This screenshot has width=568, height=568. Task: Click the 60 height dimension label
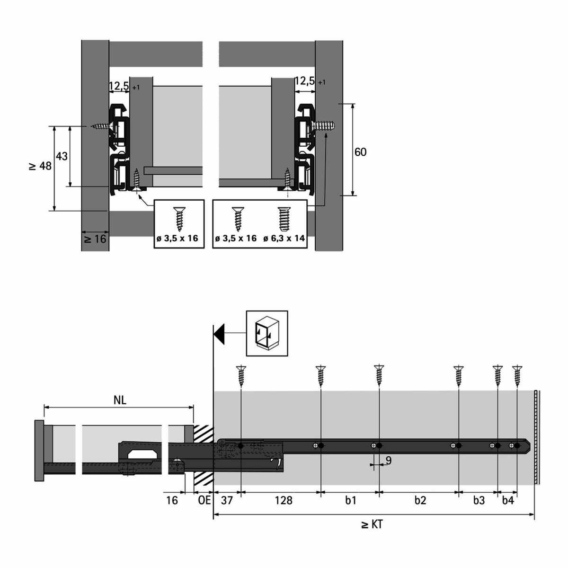click(360, 152)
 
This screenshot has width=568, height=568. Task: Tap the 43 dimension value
click(62, 156)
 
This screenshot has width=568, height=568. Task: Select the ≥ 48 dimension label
click(40, 166)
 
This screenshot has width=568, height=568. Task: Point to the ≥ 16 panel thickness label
click(95, 239)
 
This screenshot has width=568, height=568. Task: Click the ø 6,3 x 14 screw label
click(284, 238)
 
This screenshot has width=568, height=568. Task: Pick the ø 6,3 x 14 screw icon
click(284, 219)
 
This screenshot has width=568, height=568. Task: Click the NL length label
click(120, 400)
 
